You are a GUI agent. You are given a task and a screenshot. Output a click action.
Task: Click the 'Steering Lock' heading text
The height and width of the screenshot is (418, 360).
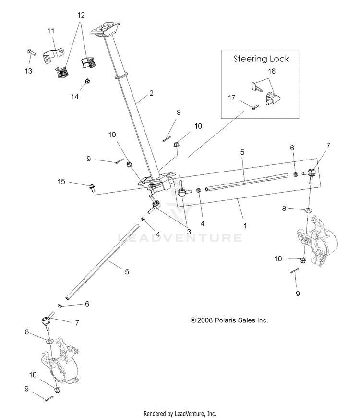coord(261,59)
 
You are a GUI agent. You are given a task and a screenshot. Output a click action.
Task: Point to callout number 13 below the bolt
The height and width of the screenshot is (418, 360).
coord(29,71)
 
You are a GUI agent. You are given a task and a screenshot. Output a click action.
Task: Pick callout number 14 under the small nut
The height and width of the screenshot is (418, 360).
coord(74,97)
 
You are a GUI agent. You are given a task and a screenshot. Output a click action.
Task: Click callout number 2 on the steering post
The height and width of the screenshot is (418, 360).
coord(151,93)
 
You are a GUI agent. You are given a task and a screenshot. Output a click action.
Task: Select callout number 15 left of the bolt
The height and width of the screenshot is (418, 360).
coord(61,182)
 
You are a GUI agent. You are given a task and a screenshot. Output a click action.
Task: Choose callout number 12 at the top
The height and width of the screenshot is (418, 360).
coord(81,15)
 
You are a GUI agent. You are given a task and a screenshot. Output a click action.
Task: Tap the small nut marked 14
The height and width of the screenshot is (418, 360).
coord(87,81)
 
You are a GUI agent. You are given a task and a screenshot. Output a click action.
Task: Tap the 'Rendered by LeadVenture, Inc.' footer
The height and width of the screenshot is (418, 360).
coord(180,413)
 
